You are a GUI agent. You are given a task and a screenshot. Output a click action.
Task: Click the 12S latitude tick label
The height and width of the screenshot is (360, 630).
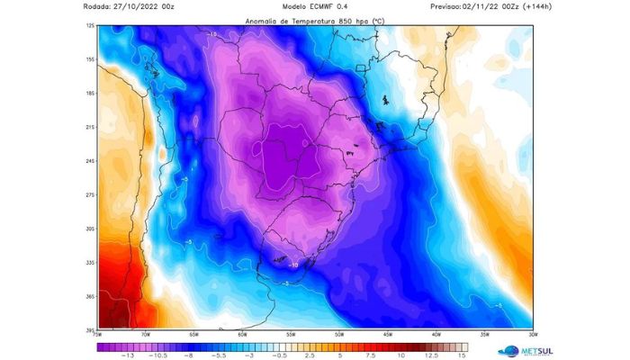click(90, 26)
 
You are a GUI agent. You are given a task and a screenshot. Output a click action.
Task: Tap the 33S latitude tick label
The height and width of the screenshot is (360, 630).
click(90, 263)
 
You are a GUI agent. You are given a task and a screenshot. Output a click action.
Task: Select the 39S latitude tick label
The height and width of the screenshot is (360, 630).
click(90, 329)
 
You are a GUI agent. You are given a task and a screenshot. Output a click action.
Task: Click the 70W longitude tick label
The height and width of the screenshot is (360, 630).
click(143, 335)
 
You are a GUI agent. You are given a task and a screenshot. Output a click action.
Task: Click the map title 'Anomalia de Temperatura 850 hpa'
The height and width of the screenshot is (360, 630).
click(306, 19)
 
